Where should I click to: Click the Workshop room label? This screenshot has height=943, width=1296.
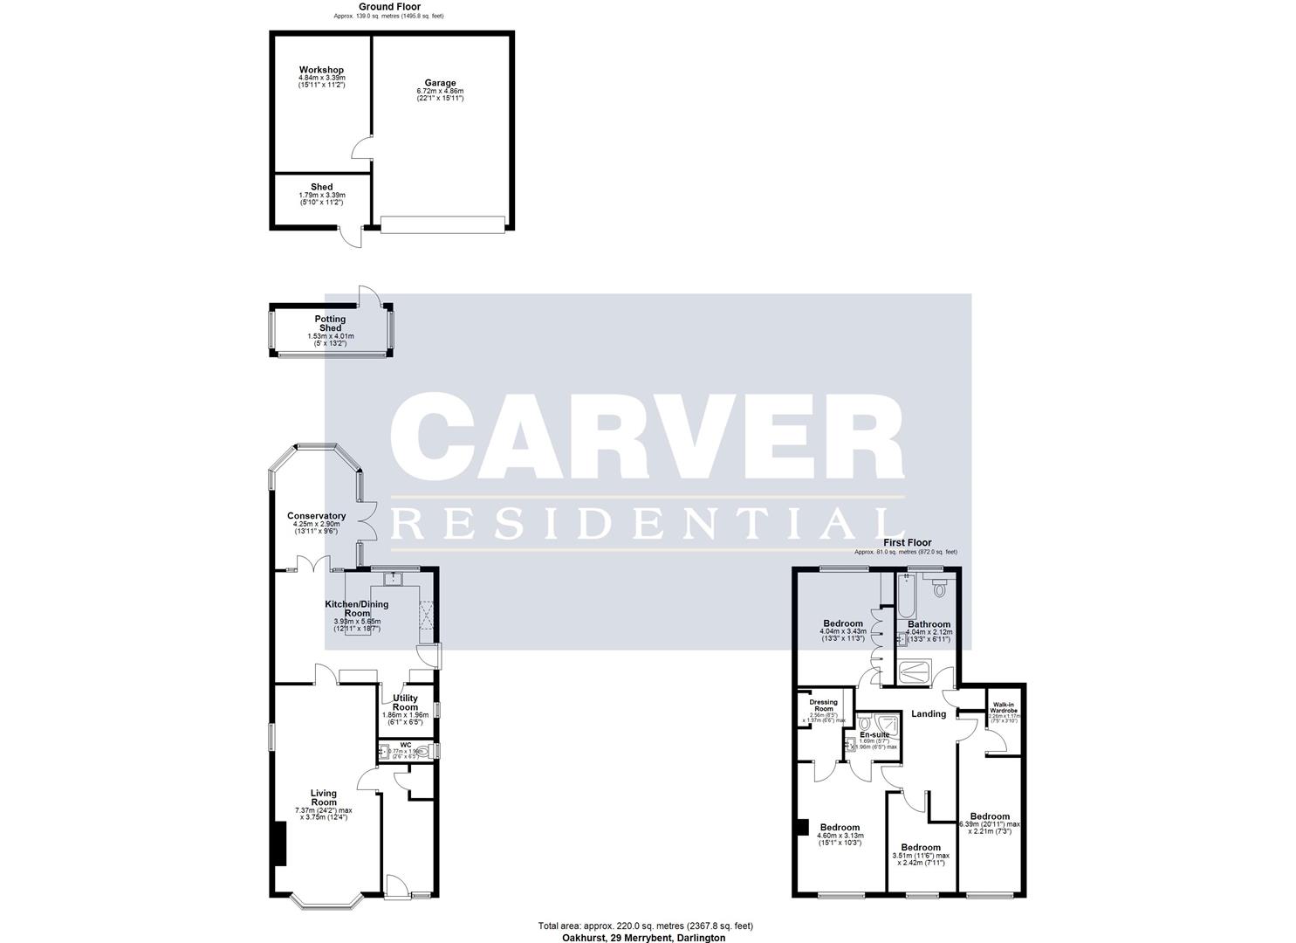tap(321, 70)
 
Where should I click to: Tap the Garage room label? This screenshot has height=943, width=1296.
tap(440, 83)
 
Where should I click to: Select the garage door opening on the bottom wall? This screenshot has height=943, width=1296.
tap(443, 225)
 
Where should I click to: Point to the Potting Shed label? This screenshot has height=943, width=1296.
tap(330, 324)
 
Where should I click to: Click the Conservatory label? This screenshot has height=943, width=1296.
tap(317, 516)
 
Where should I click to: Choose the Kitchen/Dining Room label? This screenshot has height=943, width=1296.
tap(356, 609)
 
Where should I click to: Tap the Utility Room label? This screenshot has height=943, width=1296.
tap(405, 703)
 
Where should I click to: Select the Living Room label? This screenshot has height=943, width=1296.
tap(324, 798)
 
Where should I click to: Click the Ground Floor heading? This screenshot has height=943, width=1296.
tap(389, 7)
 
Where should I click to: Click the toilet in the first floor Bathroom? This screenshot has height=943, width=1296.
tap(939, 589)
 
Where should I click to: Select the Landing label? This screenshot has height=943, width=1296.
tap(929, 714)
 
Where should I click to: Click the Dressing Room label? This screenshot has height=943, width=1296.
tap(823, 706)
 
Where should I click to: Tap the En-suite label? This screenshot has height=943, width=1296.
tap(874, 735)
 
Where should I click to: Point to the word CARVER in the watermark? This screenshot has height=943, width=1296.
tap(646, 437)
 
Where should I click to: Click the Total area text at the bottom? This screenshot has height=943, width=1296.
tap(645, 926)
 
